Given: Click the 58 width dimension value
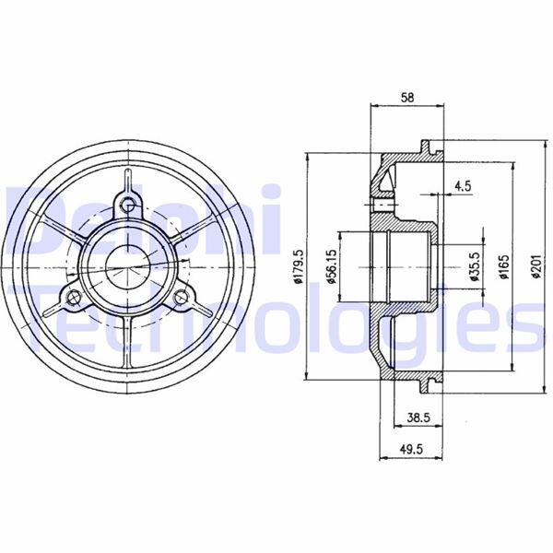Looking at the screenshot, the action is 407,98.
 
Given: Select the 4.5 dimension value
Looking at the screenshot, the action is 463,186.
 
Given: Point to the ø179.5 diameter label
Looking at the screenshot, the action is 299,266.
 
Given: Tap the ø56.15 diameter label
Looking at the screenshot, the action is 331,267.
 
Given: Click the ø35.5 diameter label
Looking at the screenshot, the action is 475,267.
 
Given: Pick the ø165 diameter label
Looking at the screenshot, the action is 505,267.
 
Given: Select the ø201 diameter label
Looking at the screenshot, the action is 535,267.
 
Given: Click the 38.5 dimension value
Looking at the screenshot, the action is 418,418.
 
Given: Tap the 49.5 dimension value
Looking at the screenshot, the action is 411,449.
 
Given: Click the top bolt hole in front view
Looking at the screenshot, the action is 127,204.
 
